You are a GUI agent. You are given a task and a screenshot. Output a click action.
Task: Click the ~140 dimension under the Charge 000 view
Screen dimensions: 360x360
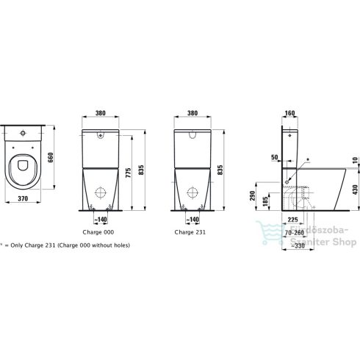[x=100, y=219]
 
